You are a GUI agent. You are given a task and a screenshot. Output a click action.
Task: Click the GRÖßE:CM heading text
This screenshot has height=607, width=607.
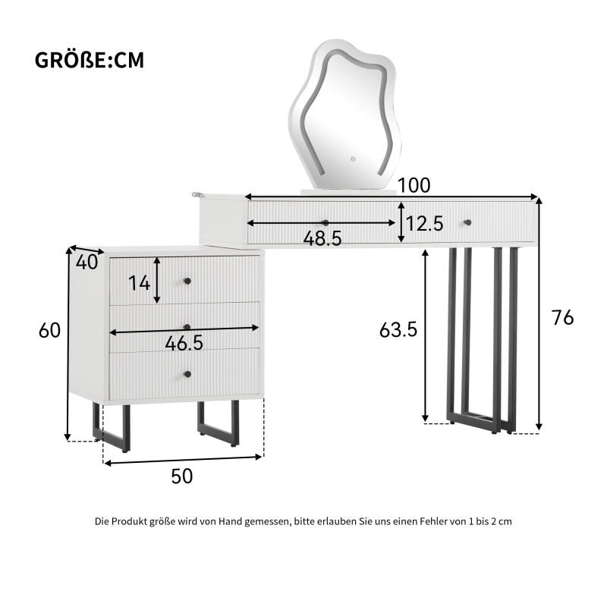(x=90, y=61)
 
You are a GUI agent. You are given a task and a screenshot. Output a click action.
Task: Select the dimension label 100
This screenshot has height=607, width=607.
(x=414, y=185)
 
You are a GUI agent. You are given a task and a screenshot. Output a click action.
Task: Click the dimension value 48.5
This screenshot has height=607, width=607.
(x=322, y=237)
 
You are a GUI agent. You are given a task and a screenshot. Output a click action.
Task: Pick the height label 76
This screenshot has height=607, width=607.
(x=562, y=318)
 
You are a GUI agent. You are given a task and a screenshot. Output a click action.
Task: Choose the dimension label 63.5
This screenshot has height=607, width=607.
(x=399, y=330)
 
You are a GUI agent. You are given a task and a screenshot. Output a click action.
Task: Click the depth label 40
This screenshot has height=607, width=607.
(x=86, y=263)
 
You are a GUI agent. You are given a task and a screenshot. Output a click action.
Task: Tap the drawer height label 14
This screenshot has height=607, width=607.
(x=139, y=284)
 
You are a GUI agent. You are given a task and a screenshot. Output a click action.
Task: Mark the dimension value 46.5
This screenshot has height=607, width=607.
(x=184, y=343)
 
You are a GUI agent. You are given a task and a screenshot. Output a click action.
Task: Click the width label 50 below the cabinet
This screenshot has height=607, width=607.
(x=181, y=476)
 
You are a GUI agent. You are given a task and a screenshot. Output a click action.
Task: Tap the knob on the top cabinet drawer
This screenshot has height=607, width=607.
(x=187, y=281)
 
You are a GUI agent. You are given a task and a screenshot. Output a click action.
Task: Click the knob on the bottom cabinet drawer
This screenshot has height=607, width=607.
(x=187, y=373)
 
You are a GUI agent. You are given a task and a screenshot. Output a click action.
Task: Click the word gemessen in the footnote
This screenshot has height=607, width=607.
(x=269, y=521)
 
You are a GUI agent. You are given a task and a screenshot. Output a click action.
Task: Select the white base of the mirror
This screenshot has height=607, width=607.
(x=348, y=192)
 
